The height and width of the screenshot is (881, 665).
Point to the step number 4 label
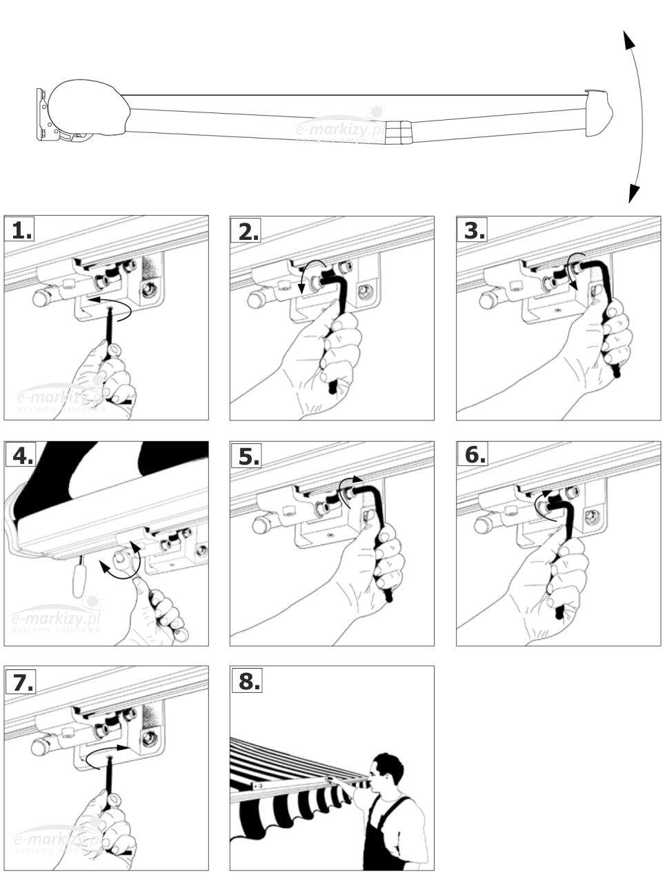[x=20, y=456]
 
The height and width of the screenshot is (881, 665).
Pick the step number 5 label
[x=246, y=456]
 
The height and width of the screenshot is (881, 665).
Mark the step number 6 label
[x=473, y=456]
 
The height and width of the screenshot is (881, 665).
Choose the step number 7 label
[x=20, y=681]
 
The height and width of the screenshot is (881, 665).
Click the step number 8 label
[x=246, y=681]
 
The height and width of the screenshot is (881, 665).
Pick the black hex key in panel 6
[x=562, y=545]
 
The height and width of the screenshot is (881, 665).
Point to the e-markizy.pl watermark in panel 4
[x=55, y=620]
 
